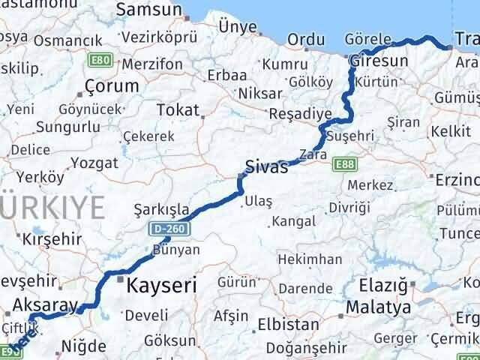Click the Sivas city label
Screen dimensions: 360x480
267,167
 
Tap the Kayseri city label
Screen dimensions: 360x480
162,286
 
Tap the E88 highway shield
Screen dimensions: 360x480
346,163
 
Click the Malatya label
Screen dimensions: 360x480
378,307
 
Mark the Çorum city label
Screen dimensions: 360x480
112,85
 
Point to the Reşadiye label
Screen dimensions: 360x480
300,114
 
